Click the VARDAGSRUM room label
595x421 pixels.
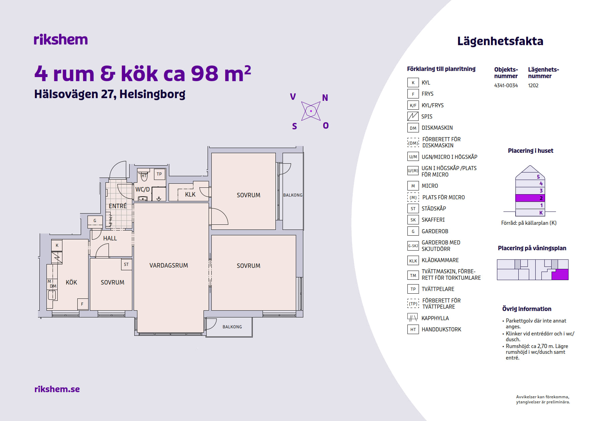point(169,266)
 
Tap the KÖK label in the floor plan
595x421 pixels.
point(71,282)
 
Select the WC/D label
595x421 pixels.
point(142,189)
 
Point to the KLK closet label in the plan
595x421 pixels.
point(190,195)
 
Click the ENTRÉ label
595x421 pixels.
point(118,206)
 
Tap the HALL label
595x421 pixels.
point(110,238)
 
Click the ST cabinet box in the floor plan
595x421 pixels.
point(127,264)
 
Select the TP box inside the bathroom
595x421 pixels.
point(159,174)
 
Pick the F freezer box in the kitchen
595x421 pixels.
point(82,304)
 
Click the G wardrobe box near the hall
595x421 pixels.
point(95,221)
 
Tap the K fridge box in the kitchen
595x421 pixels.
point(57,245)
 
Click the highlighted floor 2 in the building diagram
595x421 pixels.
point(530,198)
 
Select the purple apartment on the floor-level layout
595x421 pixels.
point(560,274)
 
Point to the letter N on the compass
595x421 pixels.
point(325,98)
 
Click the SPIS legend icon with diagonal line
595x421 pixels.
point(413,116)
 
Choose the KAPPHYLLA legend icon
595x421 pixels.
point(413,318)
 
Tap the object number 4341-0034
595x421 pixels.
point(506,86)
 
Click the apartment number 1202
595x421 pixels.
point(533,86)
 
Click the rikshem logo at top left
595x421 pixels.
point(61,39)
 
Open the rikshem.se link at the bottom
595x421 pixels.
point(57,389)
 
